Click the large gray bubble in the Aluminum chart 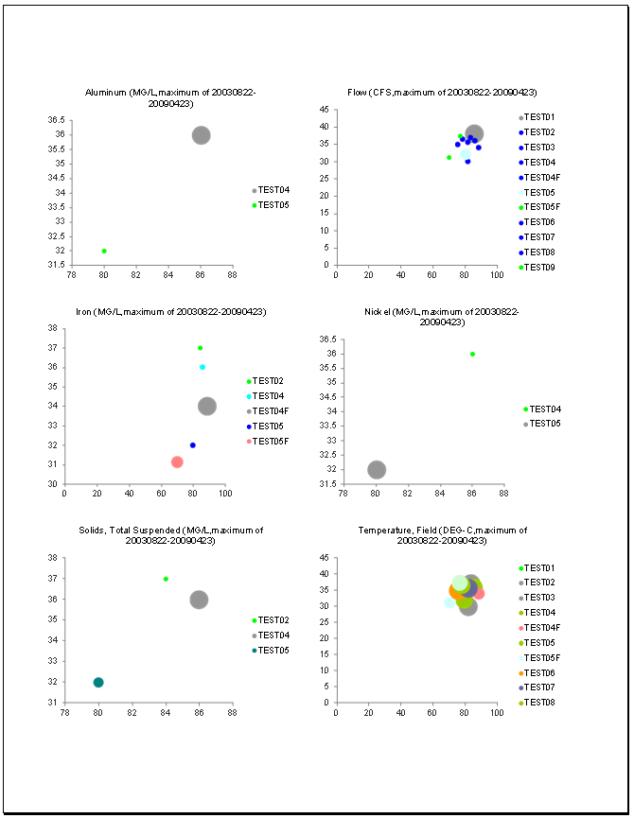click(201, 135)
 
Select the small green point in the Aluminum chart click(104, 251)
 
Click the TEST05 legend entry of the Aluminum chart click(273, 205)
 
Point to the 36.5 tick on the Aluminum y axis click(56, 120)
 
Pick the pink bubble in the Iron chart click(177, 462)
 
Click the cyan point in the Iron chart click(203, 367)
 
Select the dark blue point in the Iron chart click(193, 445)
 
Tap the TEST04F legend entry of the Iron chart click(271, 411)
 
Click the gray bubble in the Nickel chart click(377, 470)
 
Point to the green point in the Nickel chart click(472, 354)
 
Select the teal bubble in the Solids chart click(98, 682)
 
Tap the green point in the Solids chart click(166, 579)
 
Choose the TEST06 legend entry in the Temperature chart click(540, 672)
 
